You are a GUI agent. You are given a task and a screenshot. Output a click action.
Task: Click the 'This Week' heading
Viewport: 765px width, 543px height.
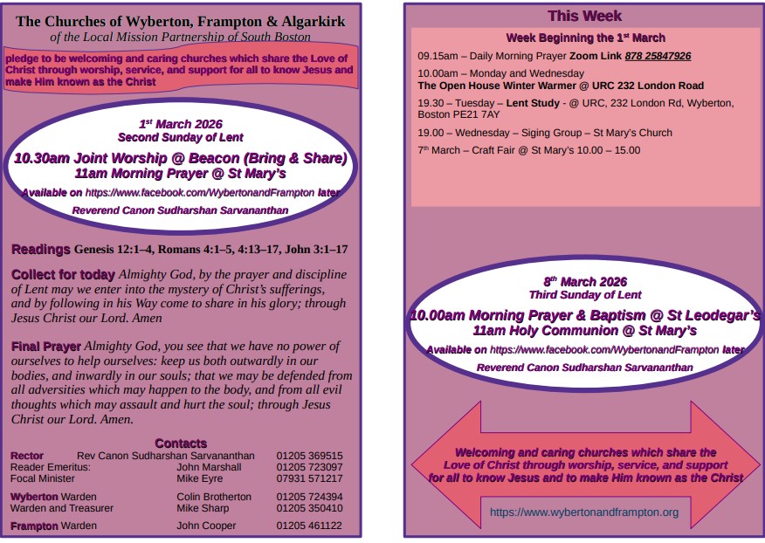tap(584, 16)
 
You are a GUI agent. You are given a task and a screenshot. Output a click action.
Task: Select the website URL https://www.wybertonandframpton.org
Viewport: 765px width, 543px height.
tap(583, 512)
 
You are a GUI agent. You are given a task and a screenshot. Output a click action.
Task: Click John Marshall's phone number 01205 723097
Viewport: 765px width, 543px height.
tap(309, 467)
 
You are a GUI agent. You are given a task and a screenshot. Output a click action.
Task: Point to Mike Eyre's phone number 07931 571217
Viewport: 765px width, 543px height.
tap(309, 478)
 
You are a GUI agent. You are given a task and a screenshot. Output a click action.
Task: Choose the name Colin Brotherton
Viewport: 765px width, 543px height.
tap(214, 497)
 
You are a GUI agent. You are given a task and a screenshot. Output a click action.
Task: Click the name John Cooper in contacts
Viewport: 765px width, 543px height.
tap(206, 526)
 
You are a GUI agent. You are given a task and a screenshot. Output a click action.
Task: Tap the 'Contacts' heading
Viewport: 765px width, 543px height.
tap(181, 443)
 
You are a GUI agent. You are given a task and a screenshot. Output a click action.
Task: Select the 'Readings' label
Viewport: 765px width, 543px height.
tap(40, 250)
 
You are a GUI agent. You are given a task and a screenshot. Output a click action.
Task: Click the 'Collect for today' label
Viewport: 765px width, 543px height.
tap(63, 275)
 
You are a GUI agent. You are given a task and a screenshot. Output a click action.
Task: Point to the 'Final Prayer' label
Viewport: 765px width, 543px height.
tap(46, 347)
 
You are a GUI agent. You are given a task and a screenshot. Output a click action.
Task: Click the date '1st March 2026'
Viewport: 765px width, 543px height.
tap(180, 124)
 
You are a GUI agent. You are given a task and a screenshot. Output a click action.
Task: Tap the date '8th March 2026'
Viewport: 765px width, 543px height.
tap(585, 281)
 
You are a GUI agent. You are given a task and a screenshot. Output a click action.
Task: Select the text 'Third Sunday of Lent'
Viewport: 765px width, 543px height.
tap(585, 295)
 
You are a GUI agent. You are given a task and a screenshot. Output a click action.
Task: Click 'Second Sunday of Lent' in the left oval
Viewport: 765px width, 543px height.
tap(180, 138)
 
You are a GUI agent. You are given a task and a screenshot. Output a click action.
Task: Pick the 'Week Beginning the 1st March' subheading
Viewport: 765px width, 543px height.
tap(585, 38)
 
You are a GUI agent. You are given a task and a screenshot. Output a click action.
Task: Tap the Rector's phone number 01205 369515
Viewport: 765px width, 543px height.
tap(309, 456)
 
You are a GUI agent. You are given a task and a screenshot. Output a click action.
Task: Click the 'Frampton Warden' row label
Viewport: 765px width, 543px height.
tap(53, 526)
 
